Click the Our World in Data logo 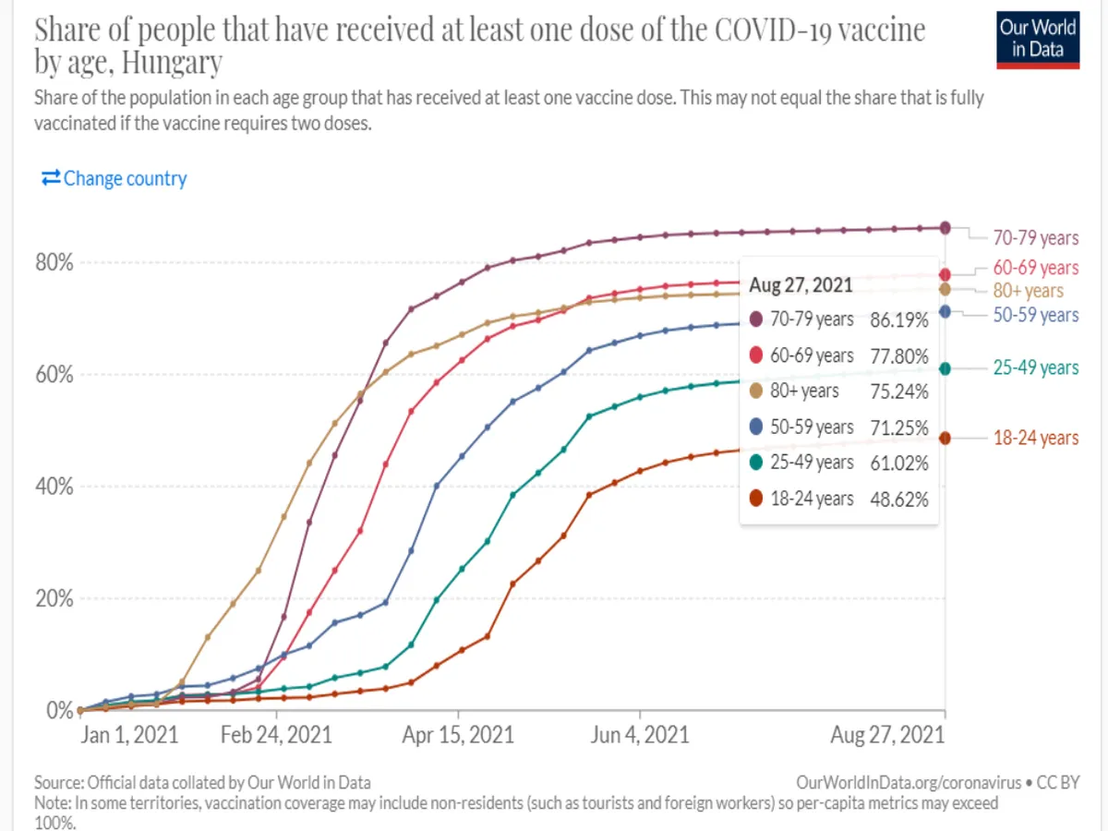(x=1039, y=38)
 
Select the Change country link (x=114, y=178)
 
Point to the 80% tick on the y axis (x=54, y=263)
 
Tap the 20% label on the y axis (x=54, y=598)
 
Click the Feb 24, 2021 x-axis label (x=278, y=735)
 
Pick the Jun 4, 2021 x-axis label (x=640, y=735)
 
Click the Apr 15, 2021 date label (x=459, y=735)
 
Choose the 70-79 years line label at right (x=1035, y=238)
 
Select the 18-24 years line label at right (x=1035, y=438)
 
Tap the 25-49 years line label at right (x=1035, y=367)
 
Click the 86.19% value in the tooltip (x=899, y=320)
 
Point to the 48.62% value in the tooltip (x=899, y=499)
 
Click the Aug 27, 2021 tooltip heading (x=801, y=284)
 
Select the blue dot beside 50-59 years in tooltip (x=756, y=428)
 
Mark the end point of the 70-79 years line (x=945, y=227)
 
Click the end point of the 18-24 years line (x=945, y=438)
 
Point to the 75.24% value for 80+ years (x=899, y=391)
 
